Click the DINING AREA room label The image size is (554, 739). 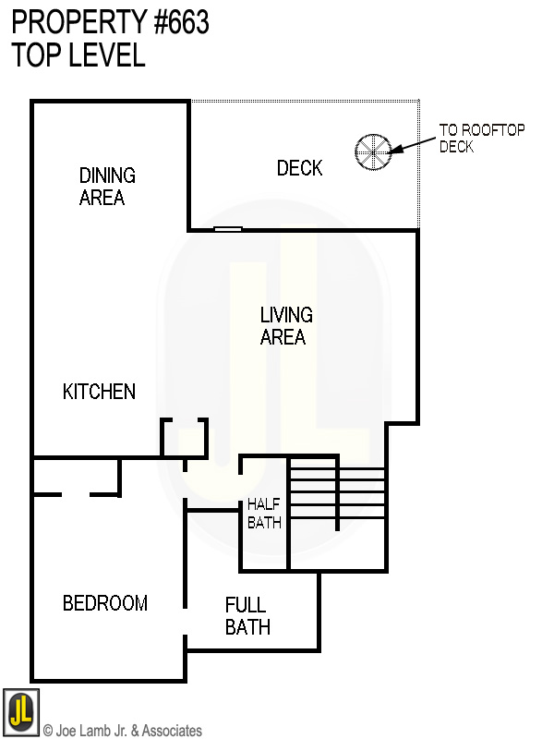107,186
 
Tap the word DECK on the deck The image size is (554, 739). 300,168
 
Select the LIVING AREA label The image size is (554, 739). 285,326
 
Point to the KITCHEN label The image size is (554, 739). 99,392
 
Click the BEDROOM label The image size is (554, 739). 104,603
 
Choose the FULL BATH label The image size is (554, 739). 247,616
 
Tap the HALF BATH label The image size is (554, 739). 264,514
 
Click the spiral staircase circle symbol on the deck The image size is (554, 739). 374,151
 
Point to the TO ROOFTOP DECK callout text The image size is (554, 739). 481,138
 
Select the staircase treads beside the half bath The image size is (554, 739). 338,499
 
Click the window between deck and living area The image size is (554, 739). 228,228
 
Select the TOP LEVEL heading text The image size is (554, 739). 78,55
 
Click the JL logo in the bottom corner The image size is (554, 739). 20,711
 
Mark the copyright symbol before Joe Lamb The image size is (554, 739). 48,731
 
